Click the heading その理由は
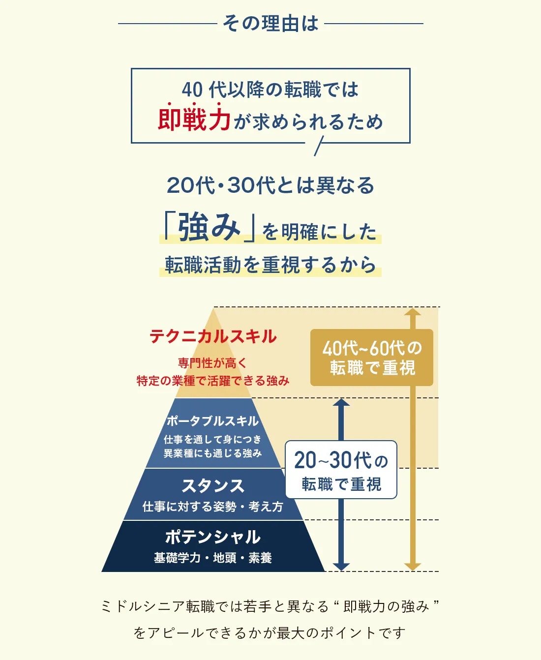[x=270, y=23]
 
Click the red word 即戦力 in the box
[x=194, y=120]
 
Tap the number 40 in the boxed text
[x=192, y=90]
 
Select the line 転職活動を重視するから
[x=270, y=265]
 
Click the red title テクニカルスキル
[x=213, y=336]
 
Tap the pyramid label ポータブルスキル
[x=212, y=421]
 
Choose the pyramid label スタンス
[x=213, y=486]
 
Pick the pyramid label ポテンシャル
[x=213, y=537]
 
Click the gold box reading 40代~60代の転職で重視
[x=372, y=358]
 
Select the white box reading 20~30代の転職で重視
[x=341, y=470]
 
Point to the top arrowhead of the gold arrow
[x=413, y=311]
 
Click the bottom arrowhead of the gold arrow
[x=413, y=567]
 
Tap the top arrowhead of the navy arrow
[x=341, y=402]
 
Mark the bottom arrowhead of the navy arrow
[x=341, y=567]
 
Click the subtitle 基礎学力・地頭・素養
[x=213, y=558]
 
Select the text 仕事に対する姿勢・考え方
[x=213, y=507]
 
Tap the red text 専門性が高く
[x=212, y=363]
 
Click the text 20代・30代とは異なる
[x=270, y=185]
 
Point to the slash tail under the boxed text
[x=319, y=147]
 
